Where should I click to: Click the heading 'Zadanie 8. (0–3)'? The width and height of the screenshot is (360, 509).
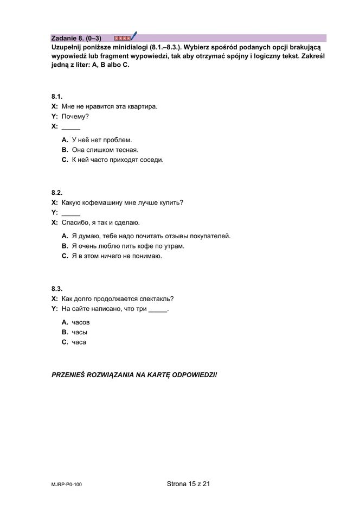pos(76,38)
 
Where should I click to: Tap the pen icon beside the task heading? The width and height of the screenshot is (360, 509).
pos(133,37)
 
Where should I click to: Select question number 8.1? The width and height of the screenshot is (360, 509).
pos(57,96)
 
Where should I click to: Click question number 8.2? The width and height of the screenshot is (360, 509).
pos(57,193)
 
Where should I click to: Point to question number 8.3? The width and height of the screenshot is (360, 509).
pos(57,289)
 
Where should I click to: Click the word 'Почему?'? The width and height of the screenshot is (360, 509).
pos(75,116)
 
